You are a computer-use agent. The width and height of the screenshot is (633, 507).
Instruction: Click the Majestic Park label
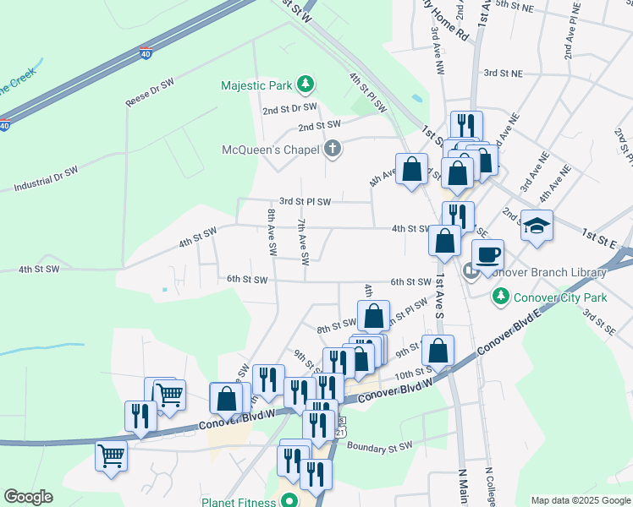(255, 85)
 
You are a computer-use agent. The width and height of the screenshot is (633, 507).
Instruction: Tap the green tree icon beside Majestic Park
(305, 84)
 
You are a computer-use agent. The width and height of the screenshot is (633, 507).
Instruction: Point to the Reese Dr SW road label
(149, 91)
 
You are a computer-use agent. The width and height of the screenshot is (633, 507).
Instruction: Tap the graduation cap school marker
(537, 226)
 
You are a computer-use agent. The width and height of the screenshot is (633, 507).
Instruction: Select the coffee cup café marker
(488, 253)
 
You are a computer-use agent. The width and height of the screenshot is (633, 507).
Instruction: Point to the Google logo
(28, 497)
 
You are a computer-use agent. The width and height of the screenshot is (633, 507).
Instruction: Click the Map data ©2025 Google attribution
(580, 500)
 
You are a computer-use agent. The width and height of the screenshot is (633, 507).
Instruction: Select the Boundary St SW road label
(379, 446)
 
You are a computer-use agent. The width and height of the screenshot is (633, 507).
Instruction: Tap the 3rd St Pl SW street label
(305, 201)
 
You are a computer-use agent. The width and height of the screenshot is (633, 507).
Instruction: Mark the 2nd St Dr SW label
(289, 108)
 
